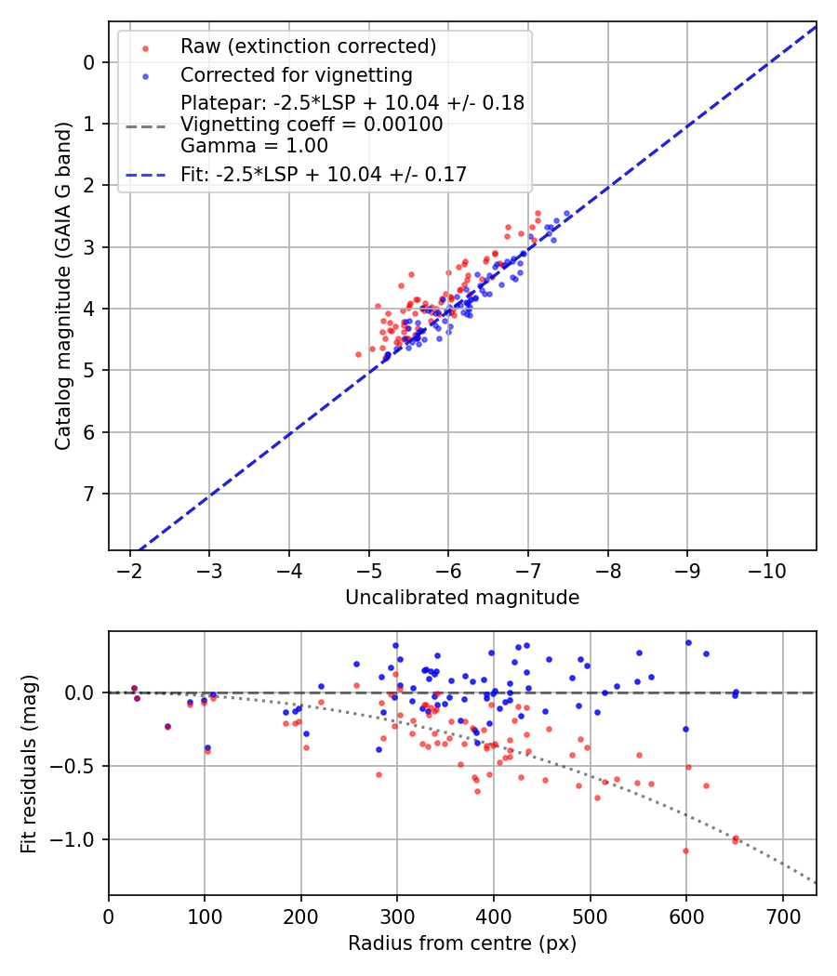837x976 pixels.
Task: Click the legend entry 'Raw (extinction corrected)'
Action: (x=308, y=46)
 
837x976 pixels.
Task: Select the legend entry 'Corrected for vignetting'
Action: (x=297, y=74)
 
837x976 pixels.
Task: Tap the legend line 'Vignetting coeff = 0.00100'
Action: (x=312, y=124)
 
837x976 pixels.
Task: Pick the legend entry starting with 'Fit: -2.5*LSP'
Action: (x=324, y=174)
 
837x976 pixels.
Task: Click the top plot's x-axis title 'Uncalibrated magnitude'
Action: (x=462, y=598)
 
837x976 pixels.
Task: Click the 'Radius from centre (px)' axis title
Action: (x=462, y=943)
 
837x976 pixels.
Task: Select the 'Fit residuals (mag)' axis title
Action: (x=29, y=763)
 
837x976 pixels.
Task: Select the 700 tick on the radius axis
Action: (x=782, y=916)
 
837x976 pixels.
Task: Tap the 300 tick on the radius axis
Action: (x=397, y=916)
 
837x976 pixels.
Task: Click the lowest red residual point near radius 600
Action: (x=685, y=851)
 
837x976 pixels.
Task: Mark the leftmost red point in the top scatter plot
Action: (x=358, y=354)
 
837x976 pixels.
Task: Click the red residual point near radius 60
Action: (x=167, y=727)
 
